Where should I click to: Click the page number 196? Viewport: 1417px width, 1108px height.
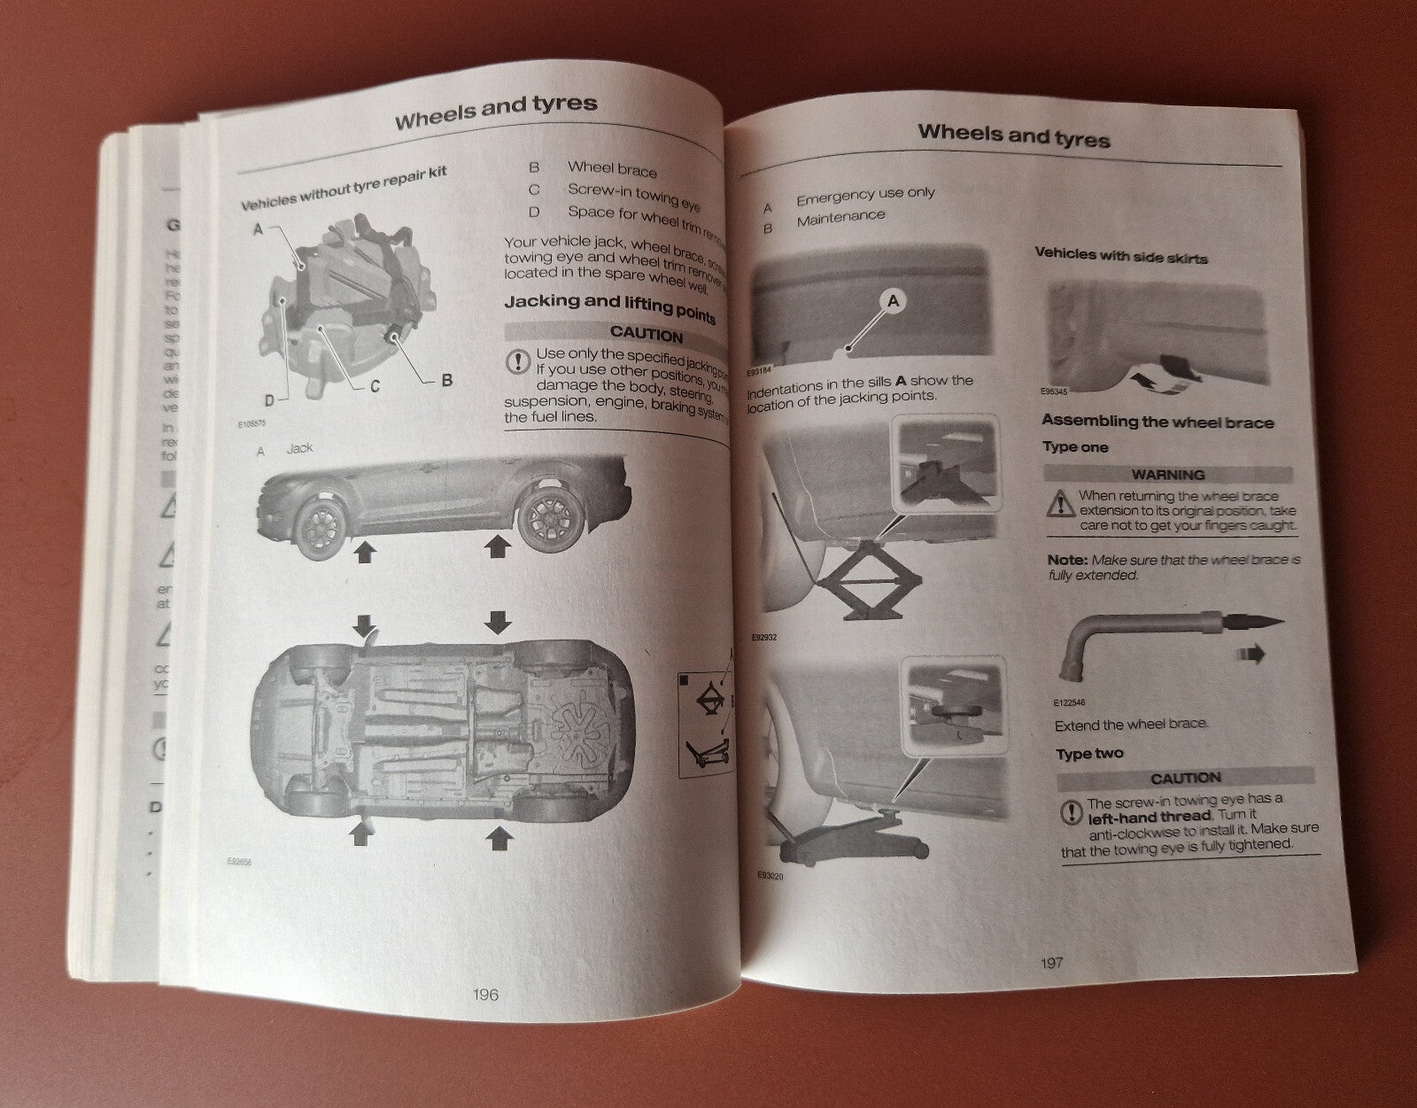click(485, 994)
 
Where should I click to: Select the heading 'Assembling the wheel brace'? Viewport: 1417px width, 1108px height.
click(1157, 422)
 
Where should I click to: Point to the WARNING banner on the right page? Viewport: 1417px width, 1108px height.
click(1167, 475)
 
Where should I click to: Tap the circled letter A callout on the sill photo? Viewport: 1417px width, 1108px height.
click(893, 302)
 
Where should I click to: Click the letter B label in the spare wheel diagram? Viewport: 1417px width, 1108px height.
click(447, 381)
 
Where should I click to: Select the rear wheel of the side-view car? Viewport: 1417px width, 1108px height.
click(546, 520)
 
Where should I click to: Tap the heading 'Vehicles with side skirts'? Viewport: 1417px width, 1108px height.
click(1120, 256)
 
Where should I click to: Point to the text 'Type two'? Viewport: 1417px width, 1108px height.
click(1088, 753)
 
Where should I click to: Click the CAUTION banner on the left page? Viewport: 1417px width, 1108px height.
click(645, 337)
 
